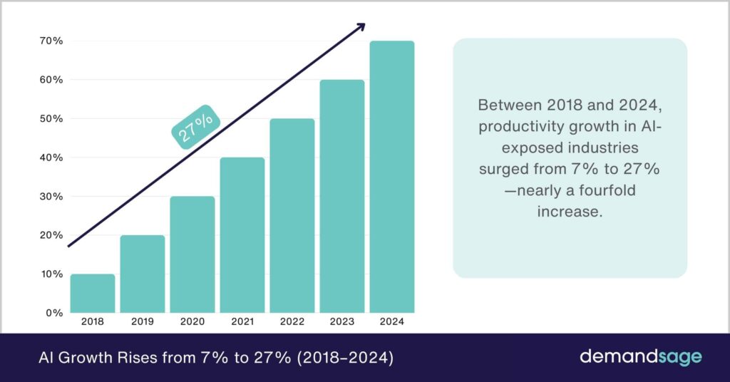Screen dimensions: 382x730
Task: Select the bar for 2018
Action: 93,294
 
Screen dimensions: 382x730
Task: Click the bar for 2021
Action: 242,235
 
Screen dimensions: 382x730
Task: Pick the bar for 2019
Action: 143,274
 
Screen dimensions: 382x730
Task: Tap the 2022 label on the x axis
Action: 292,322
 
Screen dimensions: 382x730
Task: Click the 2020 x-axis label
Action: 192,322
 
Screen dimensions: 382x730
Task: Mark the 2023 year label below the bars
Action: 342,322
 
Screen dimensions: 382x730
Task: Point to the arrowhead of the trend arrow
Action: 360,27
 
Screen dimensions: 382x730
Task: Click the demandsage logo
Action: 640,356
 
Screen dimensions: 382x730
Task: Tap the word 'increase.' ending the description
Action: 570,212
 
